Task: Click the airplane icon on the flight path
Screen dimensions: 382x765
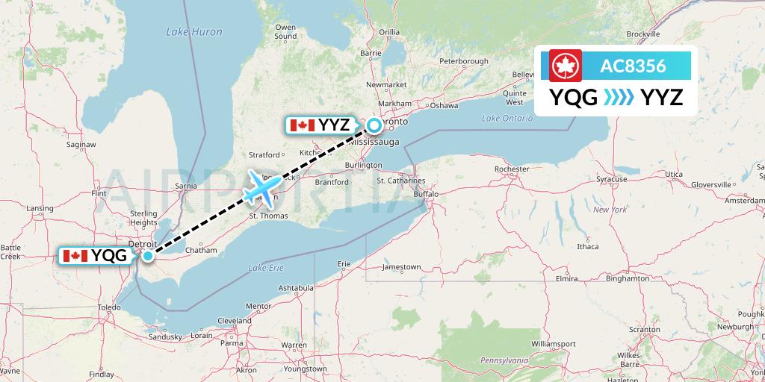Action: click(x=261, y=187)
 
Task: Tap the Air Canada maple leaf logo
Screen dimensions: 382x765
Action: click(x=565, y=66)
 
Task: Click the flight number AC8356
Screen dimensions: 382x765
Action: click(x=633, y=66)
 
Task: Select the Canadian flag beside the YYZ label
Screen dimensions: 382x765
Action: click(x=302, y=125)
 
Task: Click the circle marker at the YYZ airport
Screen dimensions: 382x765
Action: click(x=374, y=125)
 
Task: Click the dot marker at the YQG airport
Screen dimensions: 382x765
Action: click(x=148, y=256)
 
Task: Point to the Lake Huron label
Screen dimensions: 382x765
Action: click(x=185, y=32)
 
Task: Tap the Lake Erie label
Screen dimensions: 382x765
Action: click(x=267, y=267)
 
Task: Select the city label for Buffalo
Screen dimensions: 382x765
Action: click(x=427, y=194)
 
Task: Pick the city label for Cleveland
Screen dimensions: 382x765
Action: click(x=235, y=320)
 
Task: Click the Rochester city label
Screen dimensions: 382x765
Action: click(x=512, y=169)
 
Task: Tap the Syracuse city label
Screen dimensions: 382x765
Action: click(x=611, y=179)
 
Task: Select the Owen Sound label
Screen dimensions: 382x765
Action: click(x=285, y=31)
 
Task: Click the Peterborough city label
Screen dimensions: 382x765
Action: click(x=463, y=60)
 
